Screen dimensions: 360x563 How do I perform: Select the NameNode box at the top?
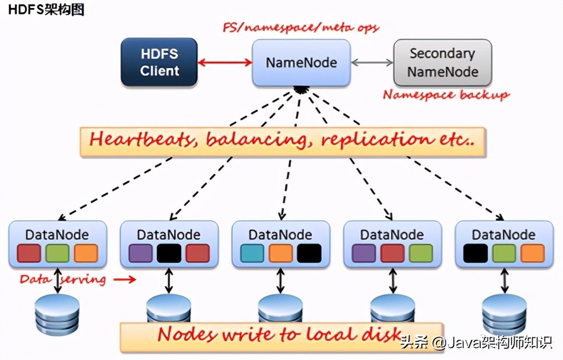[301, 62]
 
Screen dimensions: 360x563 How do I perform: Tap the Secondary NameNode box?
[442, 62]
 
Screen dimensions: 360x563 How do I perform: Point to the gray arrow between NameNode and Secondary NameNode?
[372, 62]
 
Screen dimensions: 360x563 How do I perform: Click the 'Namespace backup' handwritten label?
[446, 94]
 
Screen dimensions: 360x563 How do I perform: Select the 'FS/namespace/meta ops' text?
[301, 27]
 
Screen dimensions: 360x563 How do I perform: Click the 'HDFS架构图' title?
[45, 10]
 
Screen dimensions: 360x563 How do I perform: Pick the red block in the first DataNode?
[29, 253]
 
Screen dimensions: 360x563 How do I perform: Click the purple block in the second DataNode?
[140, 253]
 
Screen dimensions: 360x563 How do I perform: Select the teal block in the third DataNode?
[252, 253]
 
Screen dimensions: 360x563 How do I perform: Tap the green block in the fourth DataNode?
[420, 253]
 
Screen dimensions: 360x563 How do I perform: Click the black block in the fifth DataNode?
[476, 253]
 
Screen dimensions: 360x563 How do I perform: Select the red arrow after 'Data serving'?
[124, 280]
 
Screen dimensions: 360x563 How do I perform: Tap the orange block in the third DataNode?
[280, 253]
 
